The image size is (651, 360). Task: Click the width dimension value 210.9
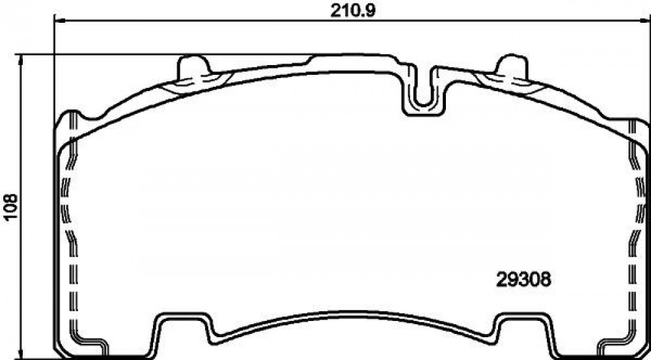tap(352, 10)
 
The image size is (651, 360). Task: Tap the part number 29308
tap(523, 279)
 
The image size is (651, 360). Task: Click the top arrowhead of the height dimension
tap(20, 60)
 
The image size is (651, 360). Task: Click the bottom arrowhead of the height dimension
tap(20, 353)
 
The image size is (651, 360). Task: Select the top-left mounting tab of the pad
tap(194, 68)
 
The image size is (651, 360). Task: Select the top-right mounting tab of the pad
tap(512, 68)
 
